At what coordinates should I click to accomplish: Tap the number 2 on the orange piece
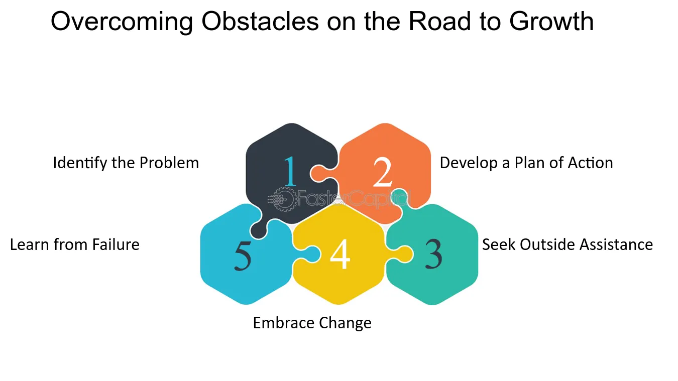[383, 172]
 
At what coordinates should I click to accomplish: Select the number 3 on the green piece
[433, 253]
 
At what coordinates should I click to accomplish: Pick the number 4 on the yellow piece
[340, 253]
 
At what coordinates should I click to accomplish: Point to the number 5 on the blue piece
[243, 256]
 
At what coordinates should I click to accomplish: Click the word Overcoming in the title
[122, 22]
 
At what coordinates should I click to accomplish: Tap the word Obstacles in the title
[260, 21]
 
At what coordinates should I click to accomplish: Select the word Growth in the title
[551, 21]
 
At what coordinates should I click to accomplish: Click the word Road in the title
[439, 21]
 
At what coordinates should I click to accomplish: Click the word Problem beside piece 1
[169, 163]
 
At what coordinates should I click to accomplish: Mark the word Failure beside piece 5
[116, 244]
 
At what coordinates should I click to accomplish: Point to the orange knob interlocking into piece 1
[319, 173]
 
